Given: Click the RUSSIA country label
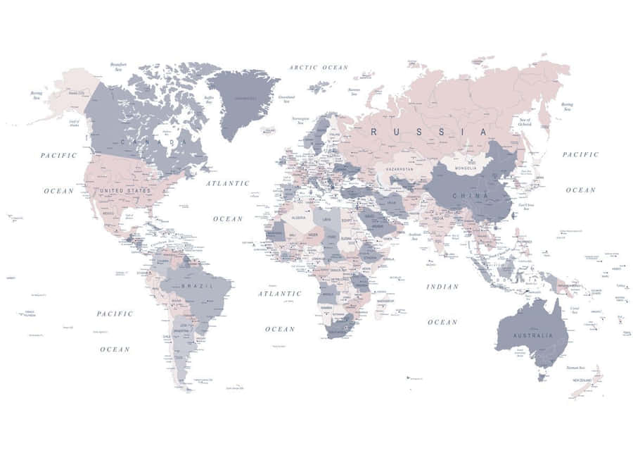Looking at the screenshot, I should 428,132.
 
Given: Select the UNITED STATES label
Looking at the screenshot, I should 125,190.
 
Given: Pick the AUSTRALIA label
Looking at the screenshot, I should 531,335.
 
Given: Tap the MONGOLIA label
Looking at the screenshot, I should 466,168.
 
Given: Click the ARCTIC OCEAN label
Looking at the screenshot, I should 319,68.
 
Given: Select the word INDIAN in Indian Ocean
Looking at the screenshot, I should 442,287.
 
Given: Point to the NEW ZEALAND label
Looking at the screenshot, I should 584,380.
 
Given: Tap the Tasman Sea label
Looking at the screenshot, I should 576,368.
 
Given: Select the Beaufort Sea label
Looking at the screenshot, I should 118,66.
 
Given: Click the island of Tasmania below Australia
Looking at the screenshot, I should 542,377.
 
